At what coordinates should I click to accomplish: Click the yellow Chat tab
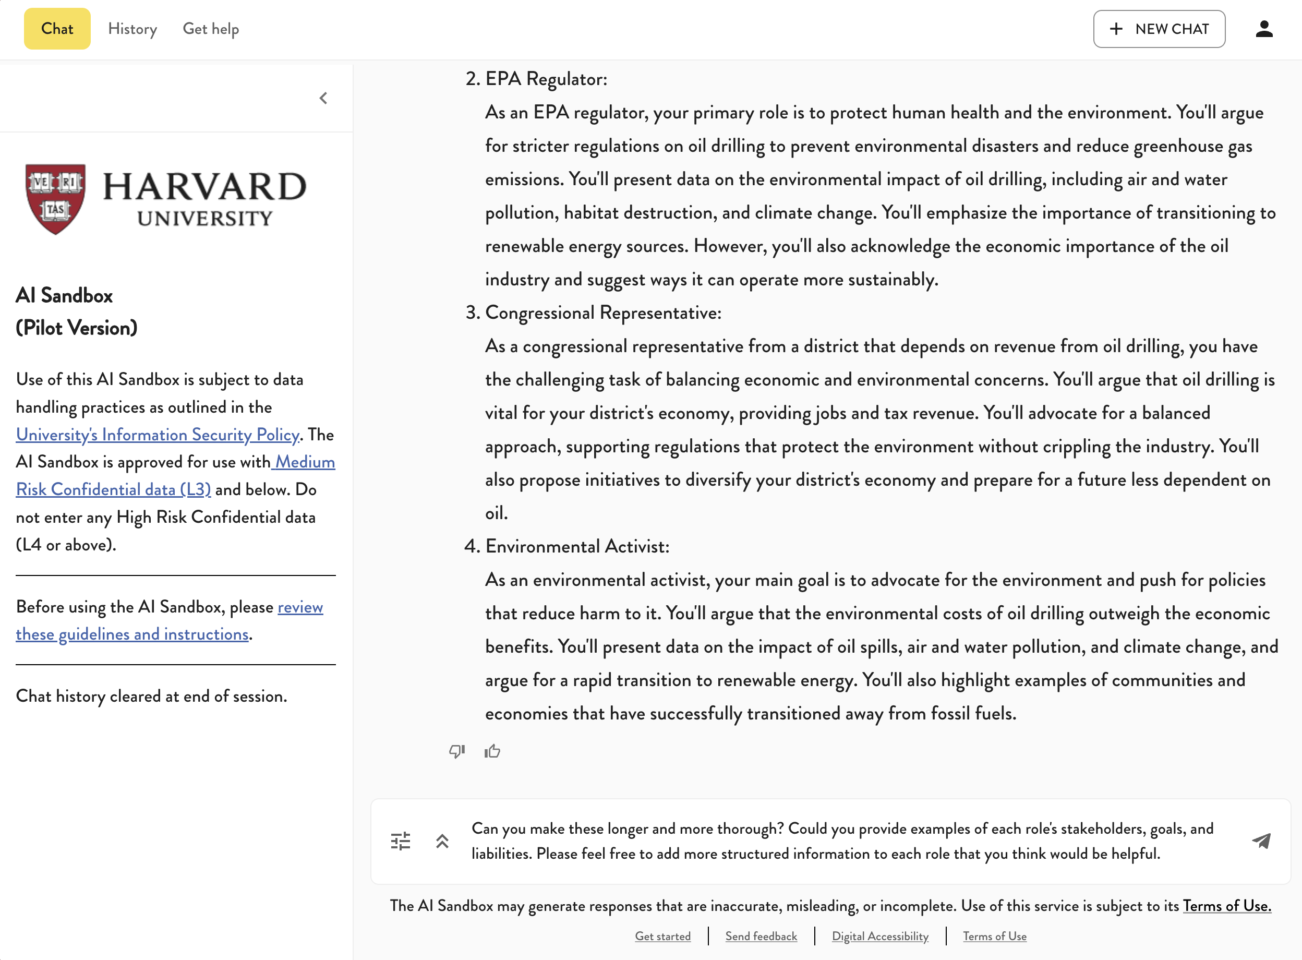[x=57, y=29]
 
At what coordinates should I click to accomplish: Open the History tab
[x=132, y=29]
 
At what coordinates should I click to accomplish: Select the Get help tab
[x=210, y=29]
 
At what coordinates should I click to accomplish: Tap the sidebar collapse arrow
[x=323, y=98]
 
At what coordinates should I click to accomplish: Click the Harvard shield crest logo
[x=56, y=198]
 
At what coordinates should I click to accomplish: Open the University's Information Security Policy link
[x=158, y=434]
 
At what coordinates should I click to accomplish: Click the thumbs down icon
[x=456, y=751]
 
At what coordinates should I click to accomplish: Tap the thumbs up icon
[x=492, y=751]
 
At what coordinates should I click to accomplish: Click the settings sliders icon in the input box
[x=400, y=841]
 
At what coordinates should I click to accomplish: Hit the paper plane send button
[x=1261, y=841]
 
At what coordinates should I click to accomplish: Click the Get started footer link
[x=662, y=936]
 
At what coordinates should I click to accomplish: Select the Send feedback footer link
[x=761, y=936]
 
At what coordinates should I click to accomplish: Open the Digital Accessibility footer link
[x=879, y=936]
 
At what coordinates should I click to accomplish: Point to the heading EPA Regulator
[x=546, y=78]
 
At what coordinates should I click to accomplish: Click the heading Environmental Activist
[x=577, y=546]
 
